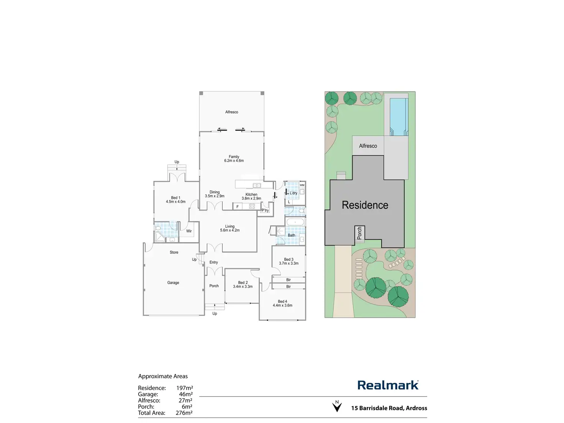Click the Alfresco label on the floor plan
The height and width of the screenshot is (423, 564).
231,112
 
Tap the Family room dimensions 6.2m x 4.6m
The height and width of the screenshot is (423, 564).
234,161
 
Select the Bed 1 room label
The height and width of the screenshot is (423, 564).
175,198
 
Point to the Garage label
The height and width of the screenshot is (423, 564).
173,283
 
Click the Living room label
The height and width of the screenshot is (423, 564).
230,226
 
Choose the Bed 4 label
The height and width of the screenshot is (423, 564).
282,302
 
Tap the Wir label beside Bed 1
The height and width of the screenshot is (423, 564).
189,231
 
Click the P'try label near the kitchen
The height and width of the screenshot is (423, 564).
265,210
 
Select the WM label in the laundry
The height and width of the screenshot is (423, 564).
302,185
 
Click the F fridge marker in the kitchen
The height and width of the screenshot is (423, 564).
238,207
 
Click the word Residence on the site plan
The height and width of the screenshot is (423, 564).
365,205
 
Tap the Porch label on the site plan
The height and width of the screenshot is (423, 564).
359,233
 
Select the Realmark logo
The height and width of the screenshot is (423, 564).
388,385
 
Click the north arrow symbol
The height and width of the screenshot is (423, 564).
337,407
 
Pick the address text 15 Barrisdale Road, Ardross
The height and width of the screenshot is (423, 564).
389,408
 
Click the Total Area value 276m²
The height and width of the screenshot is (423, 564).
184,413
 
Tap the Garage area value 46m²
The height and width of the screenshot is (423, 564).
185,394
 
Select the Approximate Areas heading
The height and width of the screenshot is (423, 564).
163,376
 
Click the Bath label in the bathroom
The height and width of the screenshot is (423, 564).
292,235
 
